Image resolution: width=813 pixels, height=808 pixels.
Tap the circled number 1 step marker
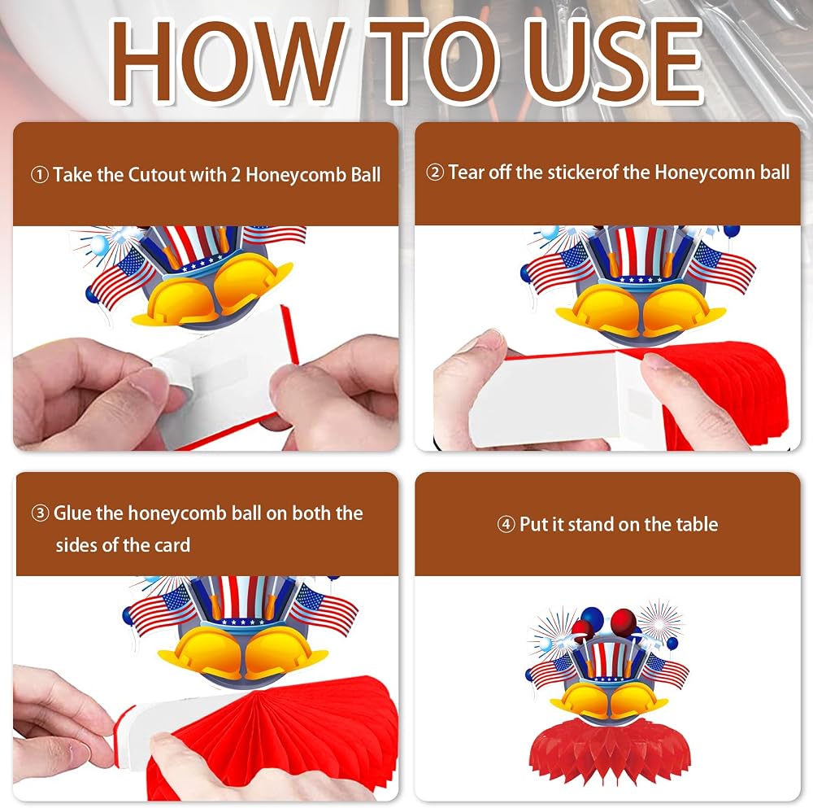pyautogui.click(x=40, y=176)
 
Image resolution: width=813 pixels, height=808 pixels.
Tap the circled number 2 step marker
pyautogui.click(x=435, y=173)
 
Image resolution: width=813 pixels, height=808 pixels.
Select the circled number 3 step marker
pyautogui.click(x=40, y=513)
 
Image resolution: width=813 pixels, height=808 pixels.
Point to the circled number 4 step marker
pyautogui.click(x=506, y=525)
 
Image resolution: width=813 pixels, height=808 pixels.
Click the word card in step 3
pyautogui.click(x=172, y=545)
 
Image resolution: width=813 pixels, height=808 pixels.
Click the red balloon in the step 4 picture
pyautogui.click(x=624, y=621)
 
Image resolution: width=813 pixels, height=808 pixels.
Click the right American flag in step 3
pyautogui.click(x=324, y=606)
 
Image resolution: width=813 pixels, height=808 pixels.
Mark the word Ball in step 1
pyautogui.click(x=366, y=175)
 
